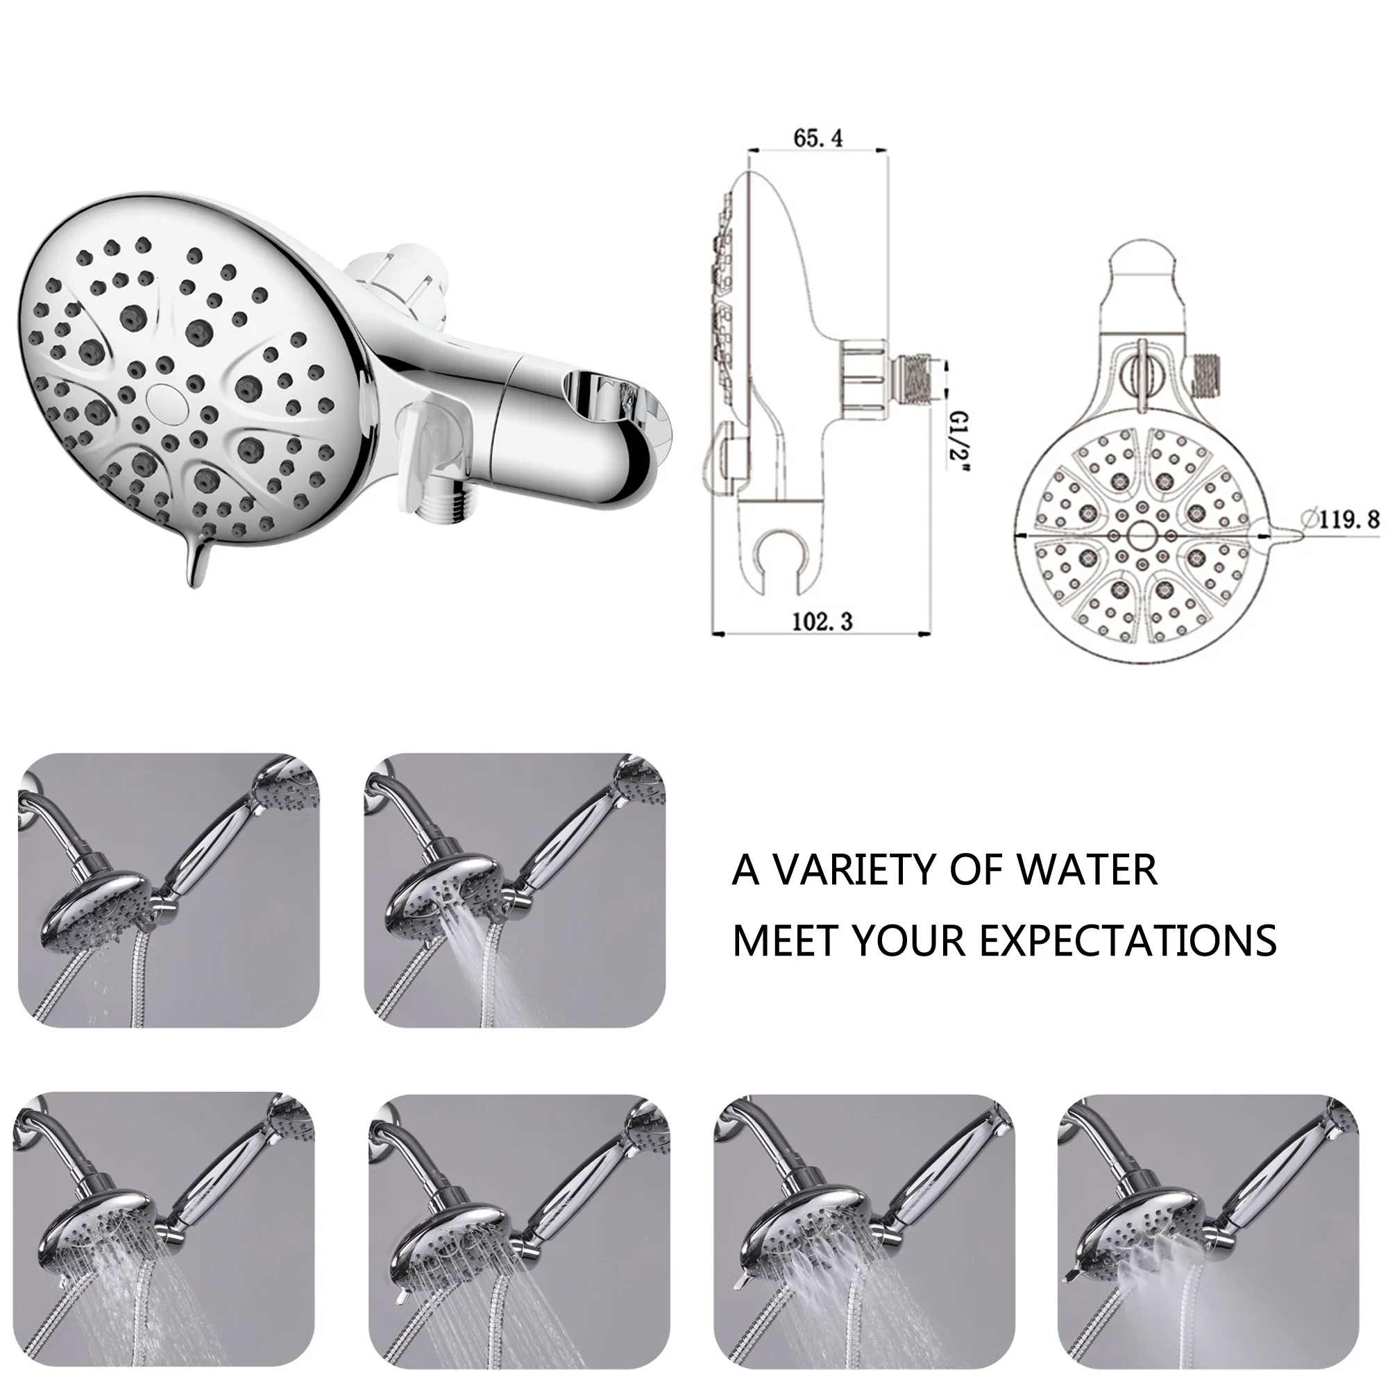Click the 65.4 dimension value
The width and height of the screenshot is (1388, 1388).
point(818,137)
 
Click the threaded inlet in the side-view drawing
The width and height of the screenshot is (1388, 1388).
point(917,378)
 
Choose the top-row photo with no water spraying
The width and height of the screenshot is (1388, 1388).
point(168,892)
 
